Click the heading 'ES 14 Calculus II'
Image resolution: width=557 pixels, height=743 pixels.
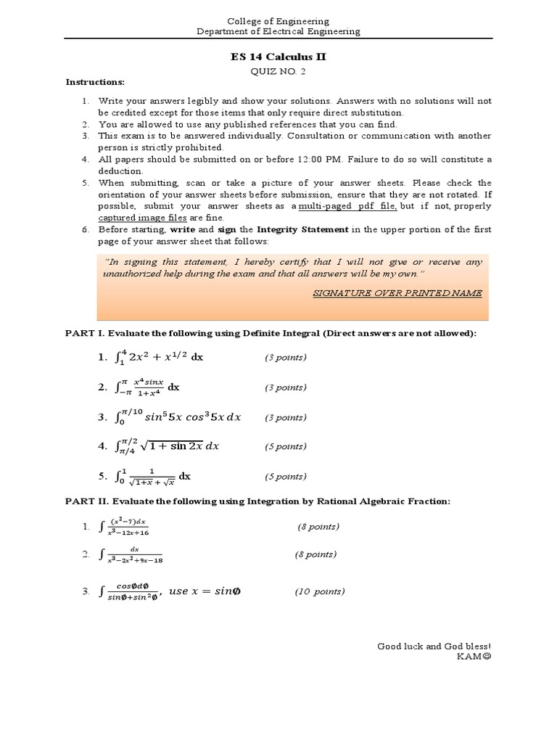(278, 57)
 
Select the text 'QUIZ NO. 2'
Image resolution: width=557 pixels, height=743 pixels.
(278, 70)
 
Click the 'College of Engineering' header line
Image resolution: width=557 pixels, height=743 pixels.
(278, 21)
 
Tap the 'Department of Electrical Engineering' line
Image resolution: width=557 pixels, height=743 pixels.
(278, 31)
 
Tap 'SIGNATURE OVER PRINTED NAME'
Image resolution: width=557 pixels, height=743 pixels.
(397, 292)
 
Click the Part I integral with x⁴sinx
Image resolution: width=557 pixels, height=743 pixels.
(148, 387)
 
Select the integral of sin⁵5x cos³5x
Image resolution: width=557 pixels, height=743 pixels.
(178, 417)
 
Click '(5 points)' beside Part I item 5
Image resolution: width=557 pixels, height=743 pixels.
(284, 477)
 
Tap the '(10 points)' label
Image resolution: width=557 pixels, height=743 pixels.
(319, 591)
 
